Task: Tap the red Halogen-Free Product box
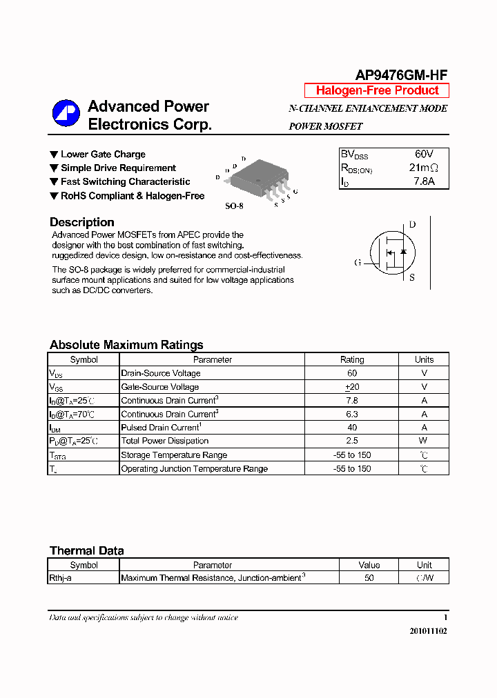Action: click(377, 90)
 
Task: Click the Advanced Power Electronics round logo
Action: click(66, 114)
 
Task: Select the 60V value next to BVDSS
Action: click(424, 154)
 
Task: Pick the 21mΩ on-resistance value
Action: click(423, 168)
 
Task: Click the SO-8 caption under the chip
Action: click(235, 206)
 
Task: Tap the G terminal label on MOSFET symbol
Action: click(358, 262)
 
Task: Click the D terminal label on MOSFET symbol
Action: click(412, 224)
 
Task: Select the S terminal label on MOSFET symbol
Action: click(412, 278)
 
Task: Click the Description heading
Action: click(81, 222)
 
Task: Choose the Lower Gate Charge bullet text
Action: click(103, 154)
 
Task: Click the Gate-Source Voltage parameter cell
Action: click(160, 387)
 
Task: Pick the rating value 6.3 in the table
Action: click(351, 414)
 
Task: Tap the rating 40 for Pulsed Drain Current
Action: click(351, 428)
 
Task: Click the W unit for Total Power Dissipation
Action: click(423, 441)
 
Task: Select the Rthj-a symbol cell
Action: click(61, 578)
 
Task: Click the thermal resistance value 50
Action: click(369, 578)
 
